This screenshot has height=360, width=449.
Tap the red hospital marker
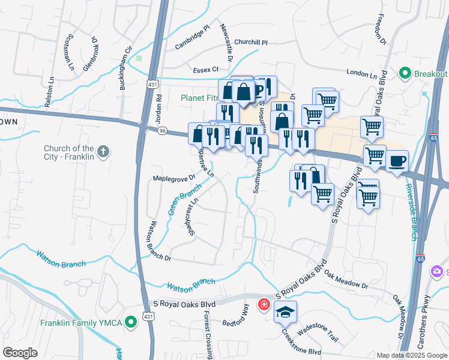pyautogui.click(x=263, y=305)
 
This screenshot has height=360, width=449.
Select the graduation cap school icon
pyautogui.click(x=286, y=311)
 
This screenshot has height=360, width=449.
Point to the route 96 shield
pyautogui.click(x=161, y=129)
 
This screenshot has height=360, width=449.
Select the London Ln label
pyautogui.click(x=364, y=76)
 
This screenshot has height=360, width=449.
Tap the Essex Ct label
pyautogui.click(x=205, y=70)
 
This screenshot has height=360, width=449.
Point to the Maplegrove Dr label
pyautogui.click(x=175, y=178)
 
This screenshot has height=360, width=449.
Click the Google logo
pyautogui.click(x=20, y=353)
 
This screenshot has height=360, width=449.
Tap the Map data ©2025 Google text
pyautogui.click(x=412, y=355)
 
